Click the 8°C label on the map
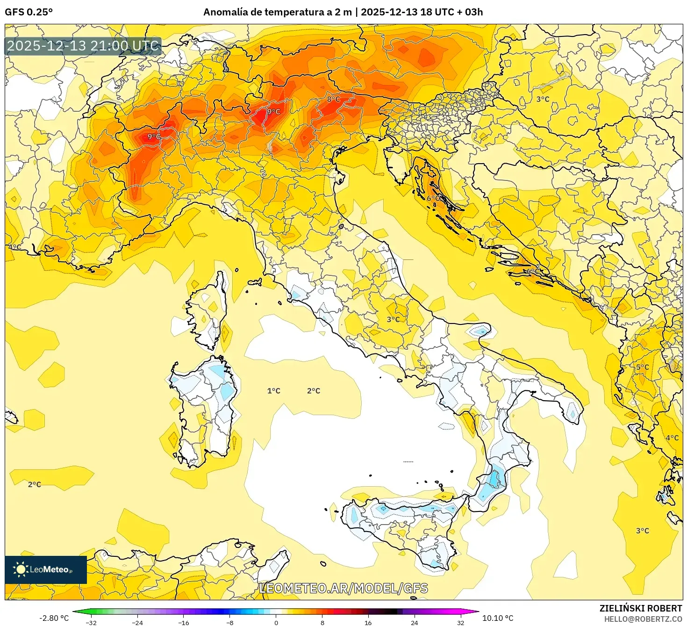tap(333, 99)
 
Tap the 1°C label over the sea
tap(274, 391)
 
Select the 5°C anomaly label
tap(642, 367)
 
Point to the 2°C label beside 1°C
tap(314, 391)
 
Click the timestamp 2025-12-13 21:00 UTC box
tap(83, 46)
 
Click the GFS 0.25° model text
tap(29, 12)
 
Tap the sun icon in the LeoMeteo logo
tap(21, 569)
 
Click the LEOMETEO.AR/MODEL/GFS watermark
tap(343, 588)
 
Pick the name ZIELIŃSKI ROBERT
tap(641, 608)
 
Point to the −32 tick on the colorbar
tap(91, 622)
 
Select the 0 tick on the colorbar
tap(276, 622)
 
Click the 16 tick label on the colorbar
tap(368, 622)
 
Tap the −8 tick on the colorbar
tap(230, 622)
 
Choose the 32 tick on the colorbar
tap(461, 622)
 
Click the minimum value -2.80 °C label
tap(54, 618)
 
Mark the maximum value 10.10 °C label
tap(498, 618)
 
